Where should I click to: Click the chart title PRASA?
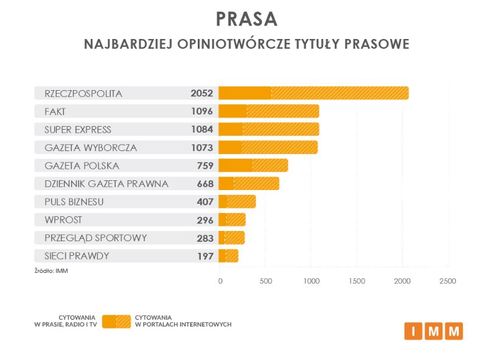[x=246, y=19]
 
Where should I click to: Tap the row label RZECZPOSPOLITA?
[x=83, y=93]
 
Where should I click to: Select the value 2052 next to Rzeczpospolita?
[x=201, y=93]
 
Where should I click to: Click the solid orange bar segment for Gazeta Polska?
[x=236, y=165]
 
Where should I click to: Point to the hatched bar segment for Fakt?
[x=283, y=111]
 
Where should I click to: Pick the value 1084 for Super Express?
[x=201, y=129]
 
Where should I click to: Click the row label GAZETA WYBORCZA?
[x=91, y=147]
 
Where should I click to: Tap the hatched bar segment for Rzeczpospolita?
[x=340, y=93]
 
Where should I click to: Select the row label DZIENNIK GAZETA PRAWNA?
[x=106, y=183]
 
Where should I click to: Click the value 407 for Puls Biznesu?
[x=204, y=202]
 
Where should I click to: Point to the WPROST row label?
[x=63, y=219]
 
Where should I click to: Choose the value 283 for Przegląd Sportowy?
[x=204, y=238]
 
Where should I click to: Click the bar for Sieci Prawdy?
[x=228, y=256]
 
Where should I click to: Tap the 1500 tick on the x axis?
[x=357, y=281]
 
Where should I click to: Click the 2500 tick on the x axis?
[x=447, y=281]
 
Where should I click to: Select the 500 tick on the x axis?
[x=265, y=281]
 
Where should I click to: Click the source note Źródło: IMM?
[x=51, y=270]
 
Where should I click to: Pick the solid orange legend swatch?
[x=109, y=321]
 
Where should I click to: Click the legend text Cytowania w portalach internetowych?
[x=183, y=321]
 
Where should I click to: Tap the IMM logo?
[x=433, y=331]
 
